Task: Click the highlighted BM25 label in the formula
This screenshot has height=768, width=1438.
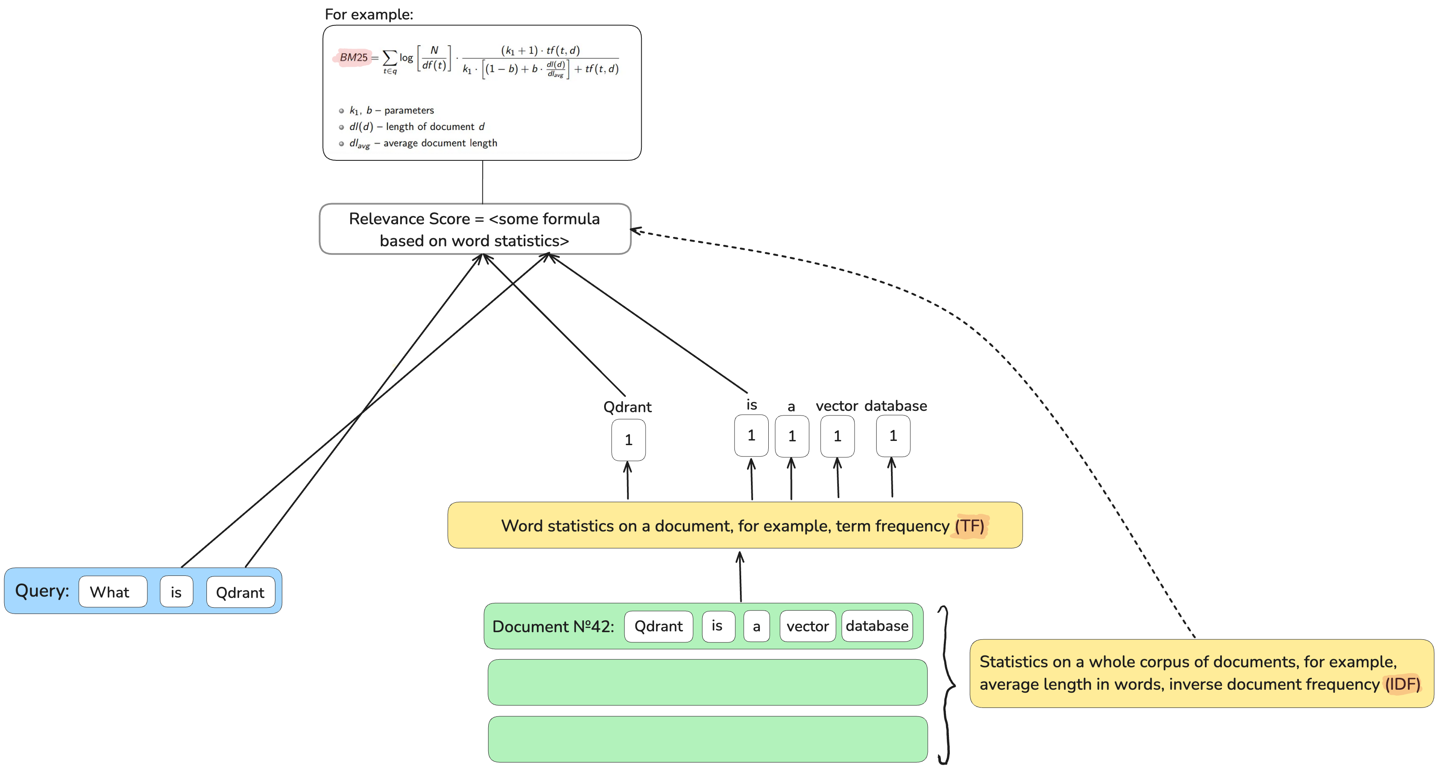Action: point(353,58)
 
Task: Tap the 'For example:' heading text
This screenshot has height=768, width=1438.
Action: point(368,14)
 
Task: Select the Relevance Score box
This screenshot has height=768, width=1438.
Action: point(475,229)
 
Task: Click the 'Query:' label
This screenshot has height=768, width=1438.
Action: point(42,591)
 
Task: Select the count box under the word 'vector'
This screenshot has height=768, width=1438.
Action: point(837,436)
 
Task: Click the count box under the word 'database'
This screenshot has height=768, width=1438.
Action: point(893,436)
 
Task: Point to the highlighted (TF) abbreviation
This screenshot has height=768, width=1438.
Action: point(970,526)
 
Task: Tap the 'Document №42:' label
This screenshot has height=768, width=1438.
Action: point(553,626)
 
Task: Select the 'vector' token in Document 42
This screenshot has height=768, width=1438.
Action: point(807,626)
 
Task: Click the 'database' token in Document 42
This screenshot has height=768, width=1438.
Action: point(877,626)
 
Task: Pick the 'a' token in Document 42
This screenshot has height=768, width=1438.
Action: point(756,626)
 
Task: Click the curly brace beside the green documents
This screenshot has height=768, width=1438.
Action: point(946,684)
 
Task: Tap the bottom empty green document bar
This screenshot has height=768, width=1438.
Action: point(707,739)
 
